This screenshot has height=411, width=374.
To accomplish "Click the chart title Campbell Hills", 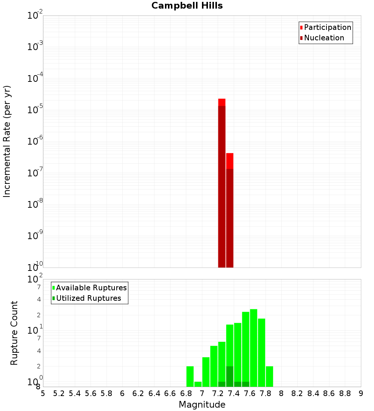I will coord(187,6).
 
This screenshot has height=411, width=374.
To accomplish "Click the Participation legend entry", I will coord(327,27).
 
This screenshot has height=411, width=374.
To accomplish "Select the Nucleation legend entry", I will coord(324,38).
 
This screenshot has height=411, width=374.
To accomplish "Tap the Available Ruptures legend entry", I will coord(91,288).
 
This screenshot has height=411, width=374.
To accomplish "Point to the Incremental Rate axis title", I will coord(7,142).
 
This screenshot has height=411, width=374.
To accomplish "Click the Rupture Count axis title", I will coord(14,333).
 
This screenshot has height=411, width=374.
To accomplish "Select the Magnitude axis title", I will coord(202,405).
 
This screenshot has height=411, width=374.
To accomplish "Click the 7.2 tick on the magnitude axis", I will coord(218,393).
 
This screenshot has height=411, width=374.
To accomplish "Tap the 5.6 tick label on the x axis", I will coord(91,393).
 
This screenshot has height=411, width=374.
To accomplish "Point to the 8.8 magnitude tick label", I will coord(345,393).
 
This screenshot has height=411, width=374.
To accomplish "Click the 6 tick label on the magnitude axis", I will coord(122,393).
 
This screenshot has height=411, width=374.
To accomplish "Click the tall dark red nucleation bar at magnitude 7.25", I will coord(222,187).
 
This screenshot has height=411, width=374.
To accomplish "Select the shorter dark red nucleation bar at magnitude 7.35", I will coord(230,218).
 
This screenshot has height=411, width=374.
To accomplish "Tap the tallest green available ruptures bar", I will coord(254,347).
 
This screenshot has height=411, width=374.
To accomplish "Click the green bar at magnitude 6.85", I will coord(190,376).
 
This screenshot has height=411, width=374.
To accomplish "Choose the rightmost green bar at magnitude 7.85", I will coord(269,376).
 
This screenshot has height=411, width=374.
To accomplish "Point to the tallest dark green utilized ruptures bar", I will coord(230,376).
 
